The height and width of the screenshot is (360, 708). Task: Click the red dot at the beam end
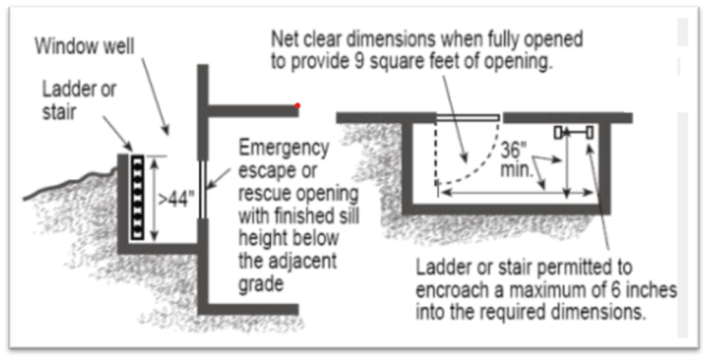pyautogui.click(x=299, y=104)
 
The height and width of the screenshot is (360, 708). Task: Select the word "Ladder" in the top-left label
pyautogui.click(x=65, y=89)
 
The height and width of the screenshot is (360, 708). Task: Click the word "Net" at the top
pyautogui.click(x=285, y=41)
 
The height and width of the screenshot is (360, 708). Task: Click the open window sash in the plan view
pyautogui.click(x=467, y=117)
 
